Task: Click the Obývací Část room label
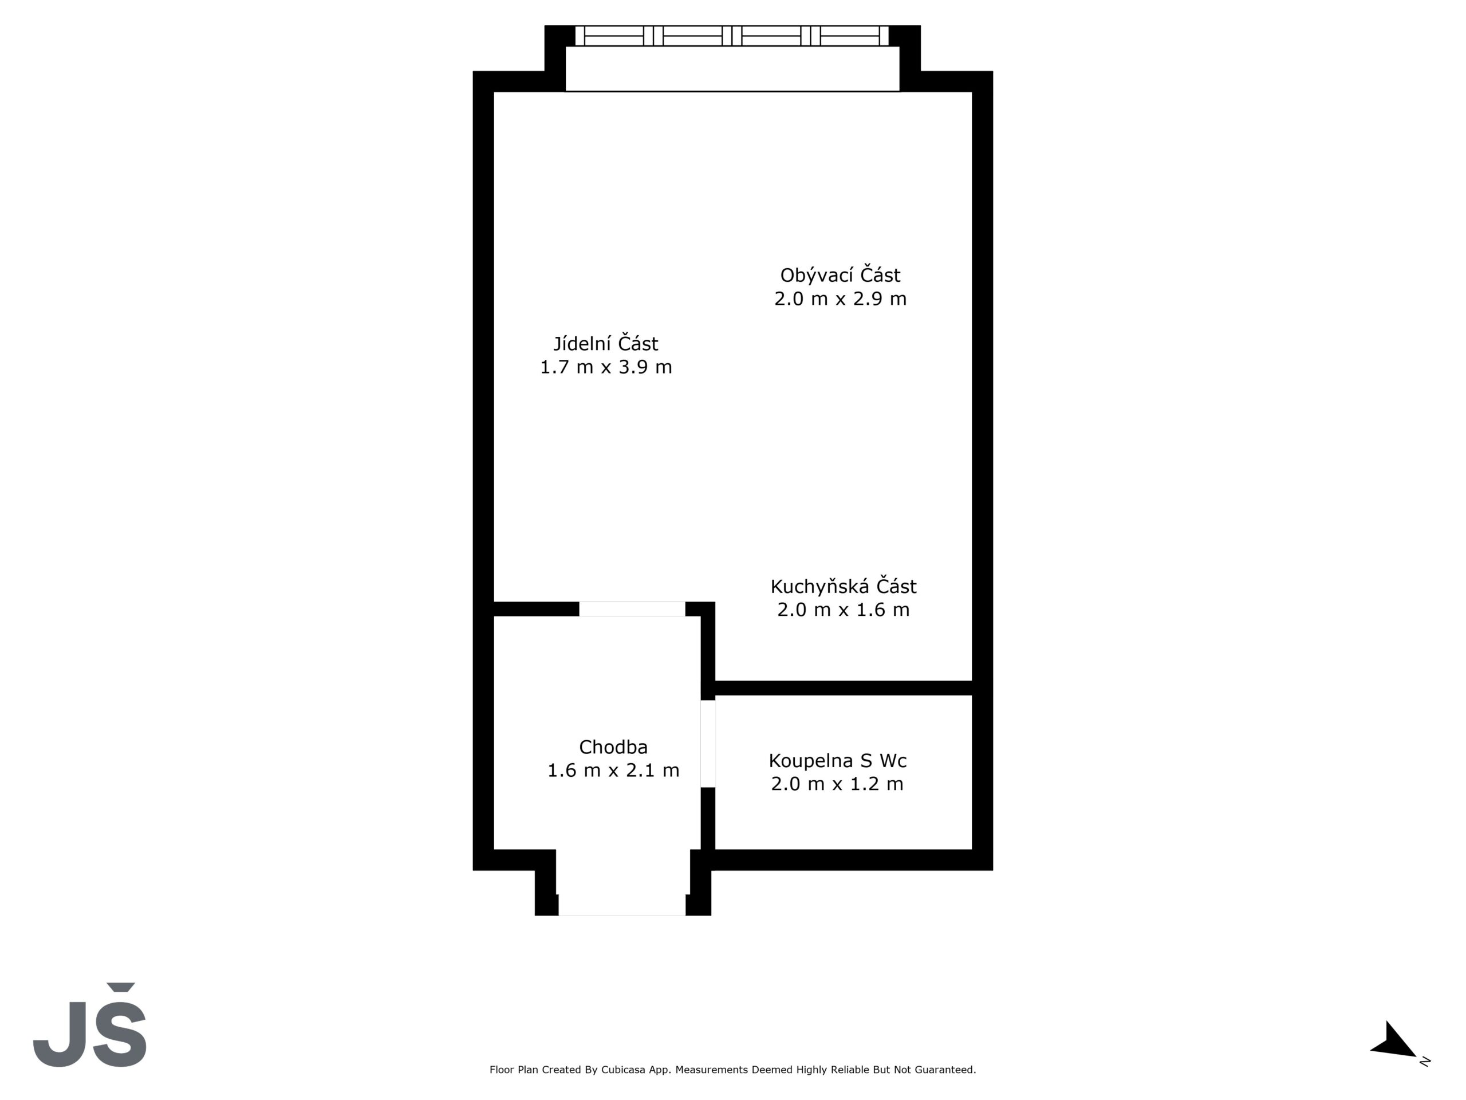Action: tap(840, 274)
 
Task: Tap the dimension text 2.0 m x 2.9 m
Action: tap(840, 298)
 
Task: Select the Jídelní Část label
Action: tap(606, 343)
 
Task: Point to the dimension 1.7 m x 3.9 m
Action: tap(606, 367)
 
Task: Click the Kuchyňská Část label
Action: tap(843, 586)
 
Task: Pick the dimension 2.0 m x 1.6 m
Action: tap(843, 610)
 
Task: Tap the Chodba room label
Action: tap(613, 747)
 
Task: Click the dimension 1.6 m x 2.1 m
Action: tap(613, 771)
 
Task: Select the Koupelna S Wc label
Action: tap(838, 760)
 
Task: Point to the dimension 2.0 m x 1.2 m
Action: tap(837, 784)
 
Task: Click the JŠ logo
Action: tap(90, 1024)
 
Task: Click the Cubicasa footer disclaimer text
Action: tap(732, 1070)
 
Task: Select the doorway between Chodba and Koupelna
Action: tap(708, 744)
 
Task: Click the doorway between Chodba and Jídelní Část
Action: tap(632, 608)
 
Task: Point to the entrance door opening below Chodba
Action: tap(622, 905)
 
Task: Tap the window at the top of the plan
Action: tap(732, 36)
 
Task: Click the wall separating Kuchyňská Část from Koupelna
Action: tap(844, 687)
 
